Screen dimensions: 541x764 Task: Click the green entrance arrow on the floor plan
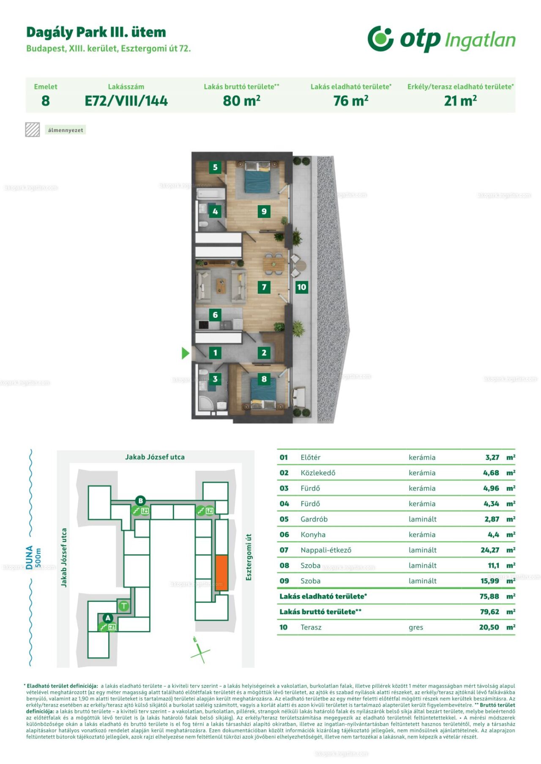coord(185,353)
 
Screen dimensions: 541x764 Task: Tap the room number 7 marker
coord(264,287)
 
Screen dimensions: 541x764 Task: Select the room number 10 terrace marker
coord(301,287)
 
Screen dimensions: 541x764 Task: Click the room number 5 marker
coord(215,168)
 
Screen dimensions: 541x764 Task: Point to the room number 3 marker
coord(215,379)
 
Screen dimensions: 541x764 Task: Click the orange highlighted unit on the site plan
coord(222,573)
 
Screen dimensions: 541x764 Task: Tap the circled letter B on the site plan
coord(141,501)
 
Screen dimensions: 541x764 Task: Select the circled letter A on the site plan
coord(108,618)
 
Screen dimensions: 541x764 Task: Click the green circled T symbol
coord(124,607)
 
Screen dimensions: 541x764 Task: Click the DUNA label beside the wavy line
coord(29,557)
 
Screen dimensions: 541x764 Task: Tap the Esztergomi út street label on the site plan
coord(249,557)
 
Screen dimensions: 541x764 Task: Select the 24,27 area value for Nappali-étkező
coord(490,550)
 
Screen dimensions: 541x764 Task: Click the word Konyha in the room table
coord(313,534)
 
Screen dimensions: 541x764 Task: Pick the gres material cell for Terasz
coord(416,628)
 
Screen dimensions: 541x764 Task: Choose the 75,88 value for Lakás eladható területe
coord(489,596)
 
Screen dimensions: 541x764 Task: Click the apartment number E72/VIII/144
coord(126,101)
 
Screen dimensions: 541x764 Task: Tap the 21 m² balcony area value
coord(460,101)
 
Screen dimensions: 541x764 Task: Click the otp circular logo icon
coord(380,38)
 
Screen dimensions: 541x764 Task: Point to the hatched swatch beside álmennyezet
coord(33,130)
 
